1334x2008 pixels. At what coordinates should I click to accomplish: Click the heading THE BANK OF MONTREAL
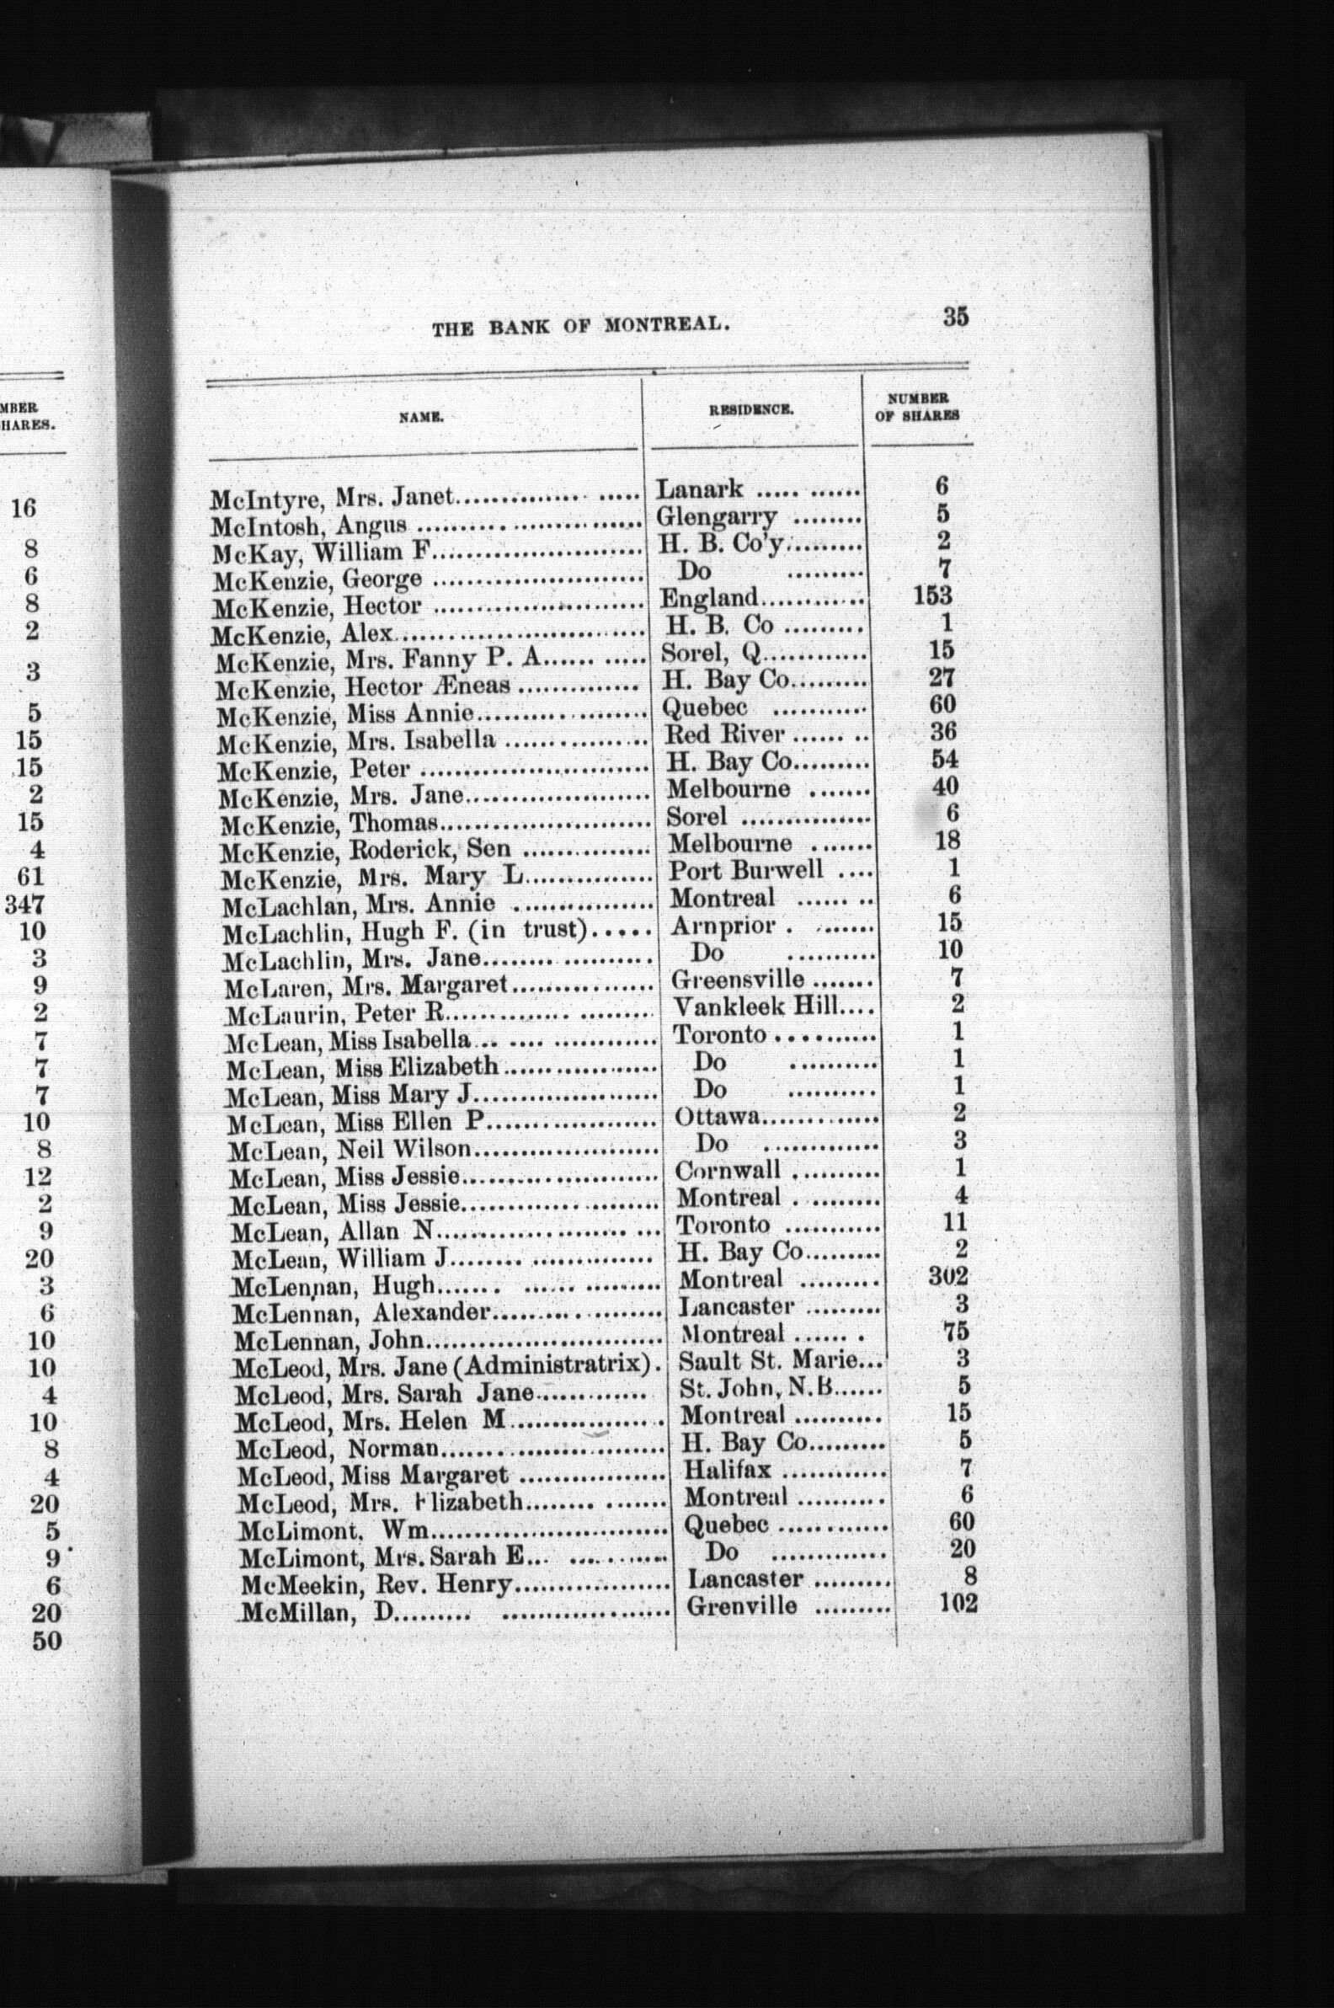pos(582,326)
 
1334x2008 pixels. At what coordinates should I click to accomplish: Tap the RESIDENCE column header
pos(751,409)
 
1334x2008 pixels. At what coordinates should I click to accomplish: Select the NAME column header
pos(424,417)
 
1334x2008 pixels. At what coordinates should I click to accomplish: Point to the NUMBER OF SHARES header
pos(917,407)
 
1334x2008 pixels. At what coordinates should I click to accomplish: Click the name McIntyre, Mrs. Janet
pos(335,497)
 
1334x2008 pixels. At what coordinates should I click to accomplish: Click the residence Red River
pos(724,733)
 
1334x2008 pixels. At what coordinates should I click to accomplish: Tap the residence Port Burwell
pos(745,869)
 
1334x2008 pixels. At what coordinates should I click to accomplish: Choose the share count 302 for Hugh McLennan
pos(948,1277)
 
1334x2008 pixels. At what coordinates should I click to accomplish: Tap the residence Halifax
pos(728,1468)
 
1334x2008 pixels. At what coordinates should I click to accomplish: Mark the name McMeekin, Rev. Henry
pos(378,1584)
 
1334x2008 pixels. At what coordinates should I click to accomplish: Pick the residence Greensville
pos(737,980)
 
